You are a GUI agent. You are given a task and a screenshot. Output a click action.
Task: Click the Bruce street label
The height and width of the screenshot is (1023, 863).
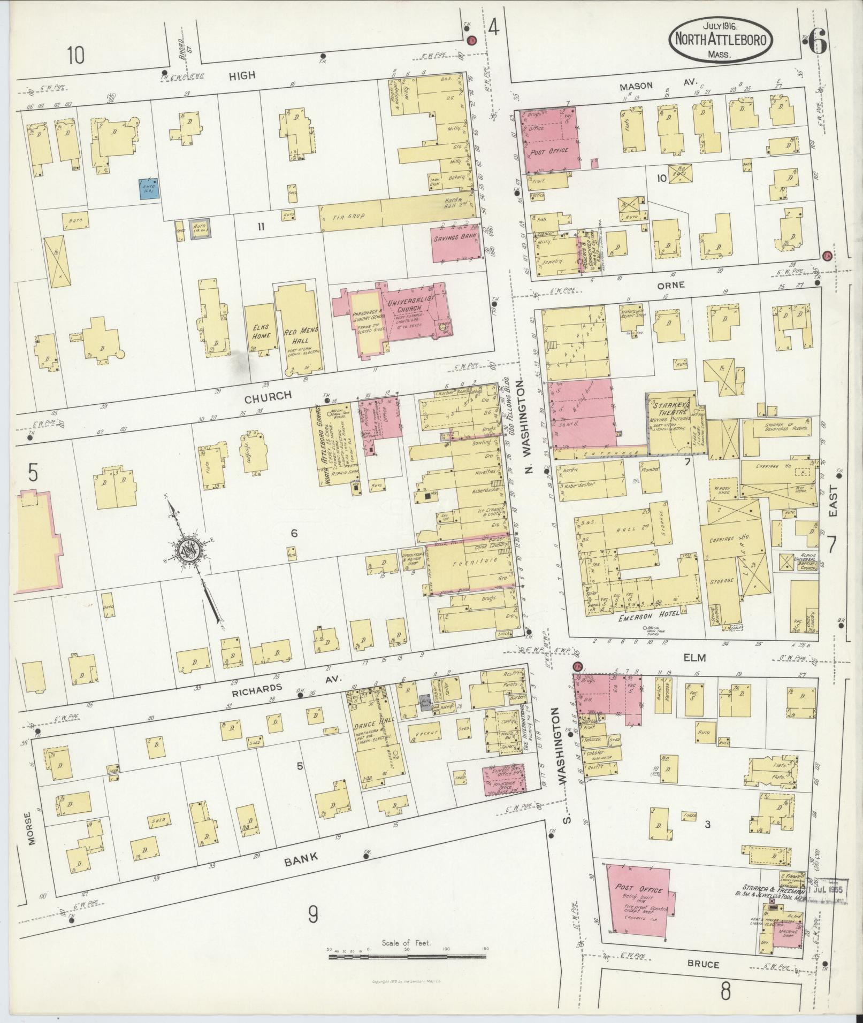[704, 964]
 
